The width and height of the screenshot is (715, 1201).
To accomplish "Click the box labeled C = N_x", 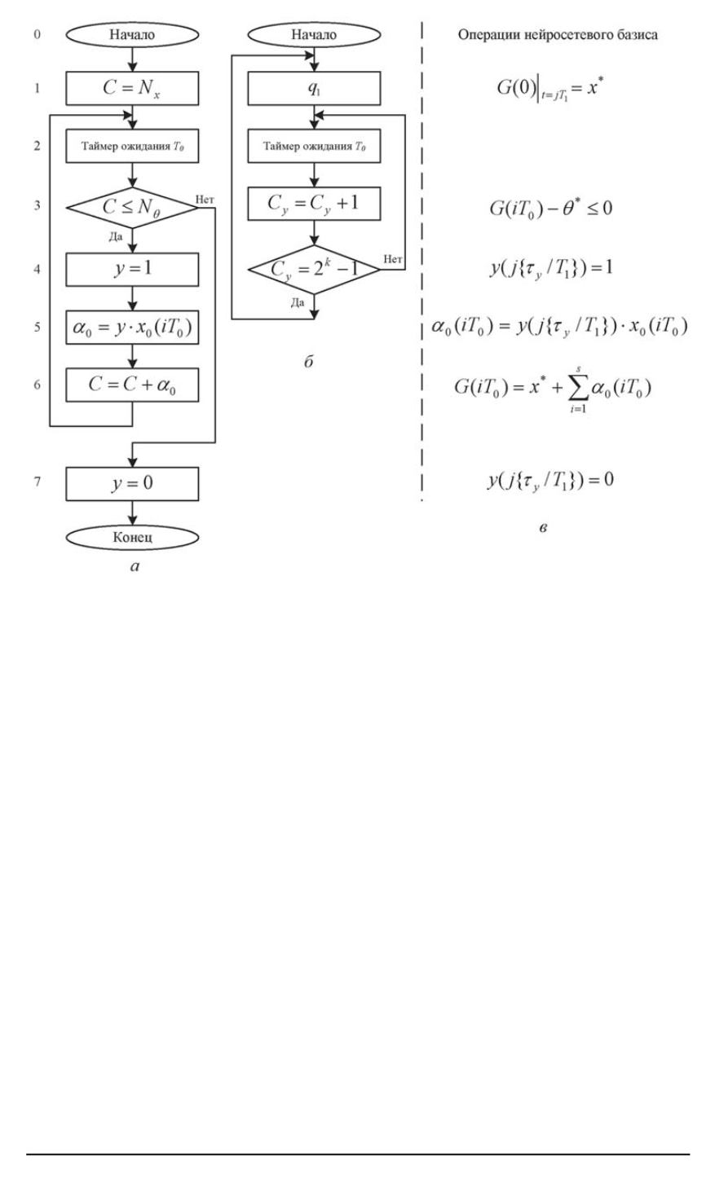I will (131, 89).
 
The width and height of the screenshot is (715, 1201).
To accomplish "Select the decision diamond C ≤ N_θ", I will (131, 208).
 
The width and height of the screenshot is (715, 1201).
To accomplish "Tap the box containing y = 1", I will (131, 269).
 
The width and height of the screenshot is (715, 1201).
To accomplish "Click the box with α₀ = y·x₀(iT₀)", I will (131, 328).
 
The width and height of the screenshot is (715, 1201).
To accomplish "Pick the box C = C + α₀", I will (131, 387).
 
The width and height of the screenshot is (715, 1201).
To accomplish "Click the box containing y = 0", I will (131, 483).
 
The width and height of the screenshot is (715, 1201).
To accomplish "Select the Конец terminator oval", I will (131, 539).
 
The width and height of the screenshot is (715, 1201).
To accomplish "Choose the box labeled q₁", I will (314, 89).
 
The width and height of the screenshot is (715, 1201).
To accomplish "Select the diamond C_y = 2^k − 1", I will (314, 270).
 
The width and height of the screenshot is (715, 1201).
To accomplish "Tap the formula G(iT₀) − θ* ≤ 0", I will (548, 209).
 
